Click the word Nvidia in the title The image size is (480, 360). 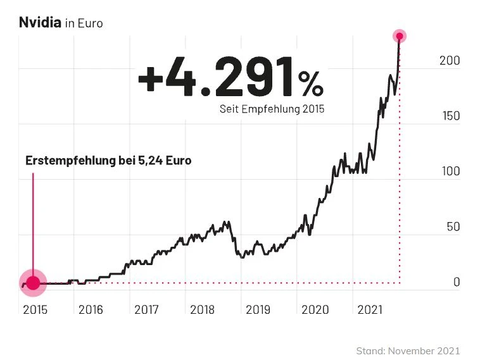[40, 23]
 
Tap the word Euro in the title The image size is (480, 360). [89, 23]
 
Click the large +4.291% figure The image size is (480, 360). [231, 77]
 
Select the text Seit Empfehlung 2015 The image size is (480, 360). [272, 109]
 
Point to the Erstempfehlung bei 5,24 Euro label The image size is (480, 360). [108, 161]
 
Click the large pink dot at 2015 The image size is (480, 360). [33, 283]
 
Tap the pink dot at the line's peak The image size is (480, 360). [399, 36]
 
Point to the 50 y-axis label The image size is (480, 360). [452, 227]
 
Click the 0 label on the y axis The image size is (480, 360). [456, 282]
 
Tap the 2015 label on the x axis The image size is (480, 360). [35, 309]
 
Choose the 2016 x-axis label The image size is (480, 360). [91, 309]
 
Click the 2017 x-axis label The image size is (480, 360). [146, 309]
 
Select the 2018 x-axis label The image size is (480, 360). [202, 309]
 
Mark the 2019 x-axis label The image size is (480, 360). [258, 309]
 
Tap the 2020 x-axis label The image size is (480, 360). [314, 309]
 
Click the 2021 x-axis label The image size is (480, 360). [370, 309]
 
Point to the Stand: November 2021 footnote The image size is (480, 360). [408, 350]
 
